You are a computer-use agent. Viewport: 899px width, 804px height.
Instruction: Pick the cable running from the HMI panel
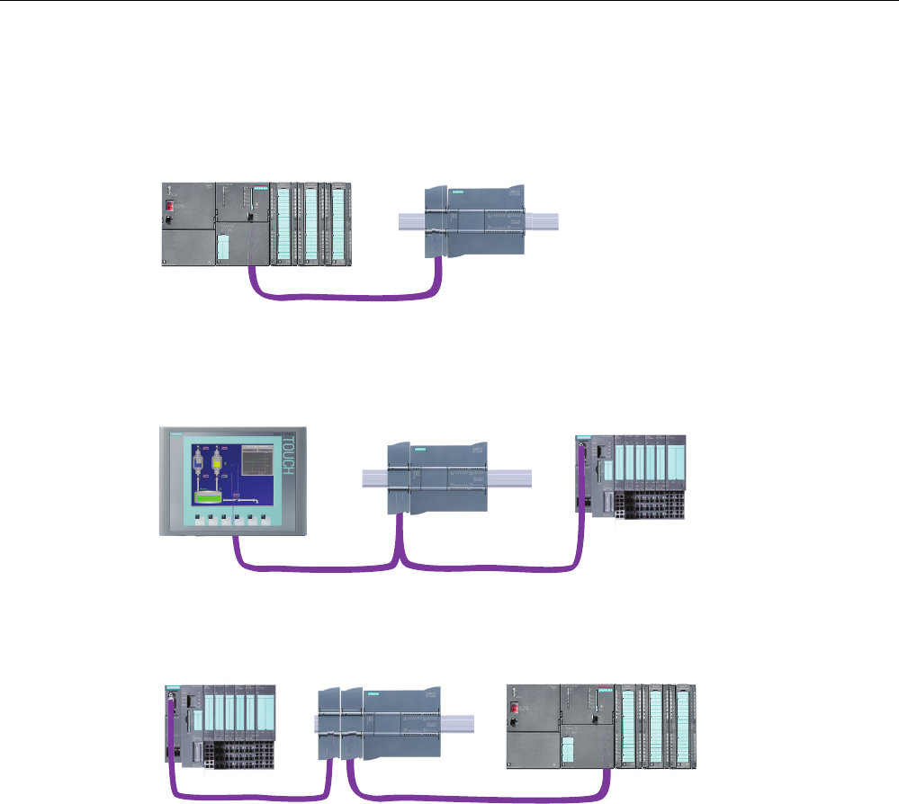tap(306, 565)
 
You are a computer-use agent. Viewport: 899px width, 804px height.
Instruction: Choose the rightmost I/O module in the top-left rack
tap(340, 225)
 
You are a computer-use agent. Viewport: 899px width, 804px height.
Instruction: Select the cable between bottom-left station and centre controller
tap(252, 794)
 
